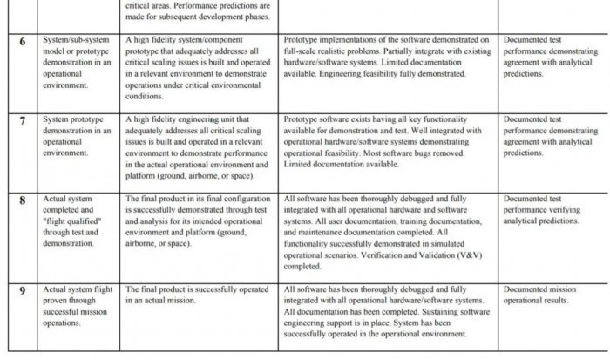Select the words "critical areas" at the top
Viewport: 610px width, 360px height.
click(x=149, y=5)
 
